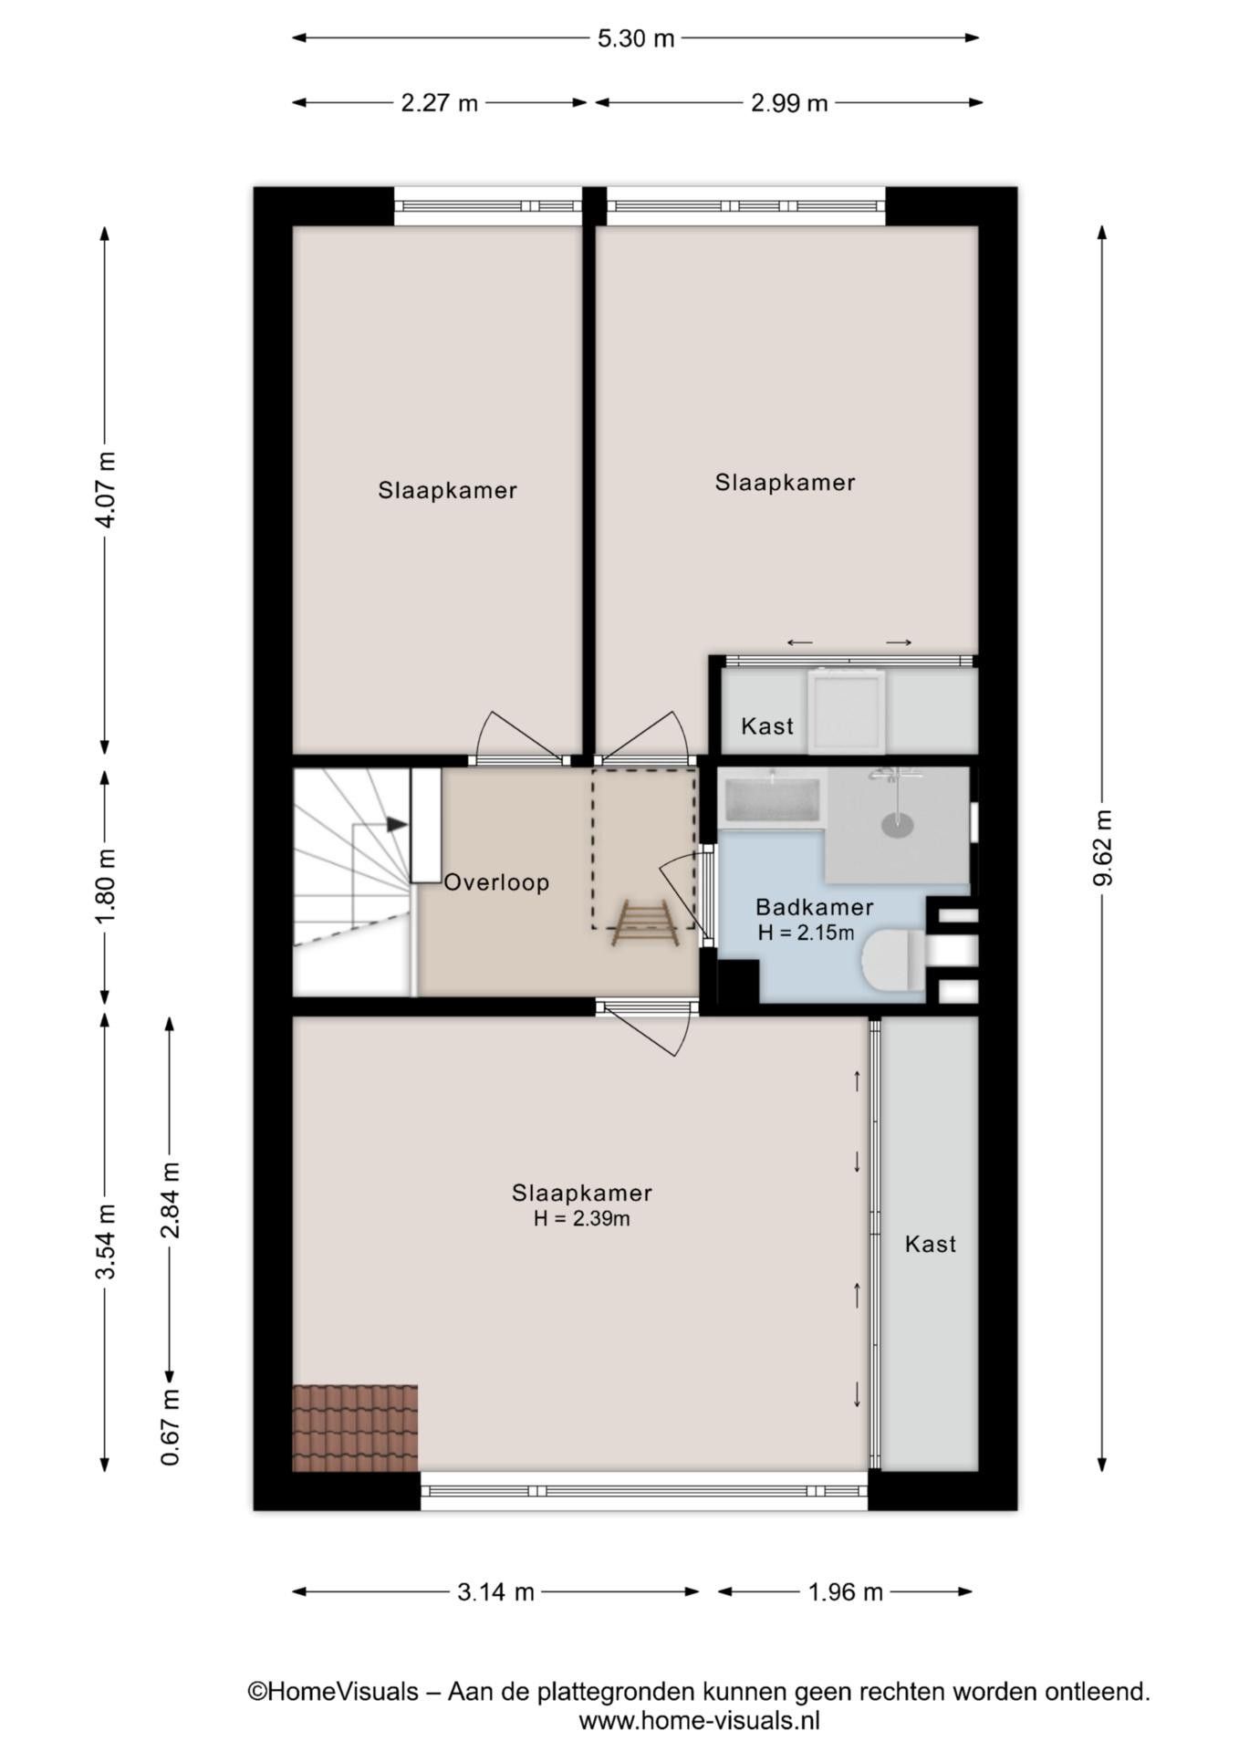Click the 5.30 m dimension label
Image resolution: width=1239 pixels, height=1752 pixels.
pos(636,38)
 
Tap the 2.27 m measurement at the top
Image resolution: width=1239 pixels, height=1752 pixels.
pos(439,103)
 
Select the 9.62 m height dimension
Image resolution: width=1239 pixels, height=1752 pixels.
pos(1103,848)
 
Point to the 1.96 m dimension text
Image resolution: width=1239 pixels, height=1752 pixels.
pos(846,1592)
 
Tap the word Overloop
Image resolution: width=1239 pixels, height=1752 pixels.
pos(497,882)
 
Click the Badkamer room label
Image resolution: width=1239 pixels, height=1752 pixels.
pos(815,907)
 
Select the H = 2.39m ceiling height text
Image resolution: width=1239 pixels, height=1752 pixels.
pos(582,1218)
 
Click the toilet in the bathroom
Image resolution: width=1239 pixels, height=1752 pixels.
pos(893,960)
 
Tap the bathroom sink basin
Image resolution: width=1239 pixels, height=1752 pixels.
pos(772,799)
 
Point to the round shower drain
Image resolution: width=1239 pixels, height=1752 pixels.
pos(898,826)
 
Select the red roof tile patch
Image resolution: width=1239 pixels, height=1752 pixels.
pos(355,1428)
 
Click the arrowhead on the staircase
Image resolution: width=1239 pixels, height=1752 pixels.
pos(397,825)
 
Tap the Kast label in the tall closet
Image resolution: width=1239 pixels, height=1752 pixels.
pos(931,1244)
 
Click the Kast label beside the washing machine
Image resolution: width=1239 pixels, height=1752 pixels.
pos(767,726)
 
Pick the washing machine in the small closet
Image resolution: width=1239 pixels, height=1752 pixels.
pos(848,712)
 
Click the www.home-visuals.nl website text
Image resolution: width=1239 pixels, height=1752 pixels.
pos(700,1721)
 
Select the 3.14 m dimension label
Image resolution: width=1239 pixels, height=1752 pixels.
pos(495,1592)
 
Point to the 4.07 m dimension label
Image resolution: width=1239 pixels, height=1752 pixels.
pos(107,489)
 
